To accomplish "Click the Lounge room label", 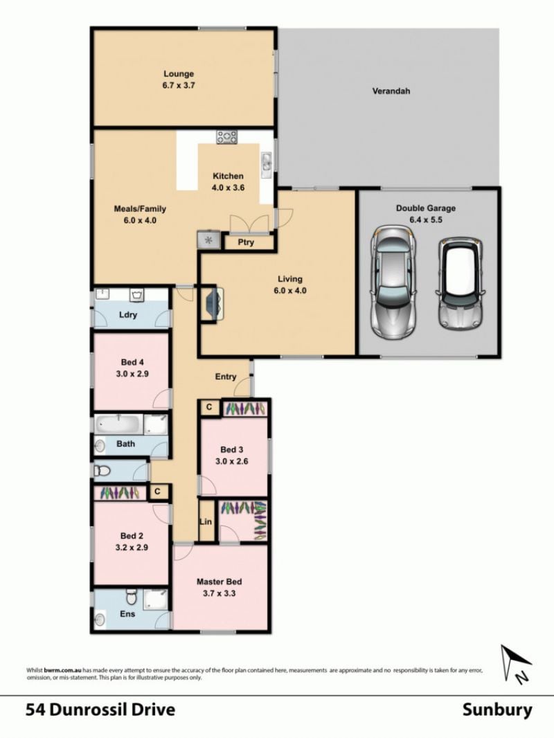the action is [x=179, y=74].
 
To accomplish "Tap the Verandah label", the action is [x=391, y=91].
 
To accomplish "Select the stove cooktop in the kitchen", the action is [x=227, y=137].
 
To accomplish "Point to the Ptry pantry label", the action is [x=246, y=242].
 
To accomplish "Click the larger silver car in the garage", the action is [x=394, y=282].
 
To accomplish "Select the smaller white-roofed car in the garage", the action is [x=461, y=283].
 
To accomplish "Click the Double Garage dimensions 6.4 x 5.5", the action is [x=426, y=219].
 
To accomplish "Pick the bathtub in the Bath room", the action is [x=118, y=424].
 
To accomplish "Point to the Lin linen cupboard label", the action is [x=206, y=521].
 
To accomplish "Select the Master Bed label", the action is [x=220, y=582].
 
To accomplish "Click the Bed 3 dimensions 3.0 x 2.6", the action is [x=231, y=461].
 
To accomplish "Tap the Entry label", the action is [x=226, y=377].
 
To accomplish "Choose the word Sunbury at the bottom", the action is [x=497, y=710].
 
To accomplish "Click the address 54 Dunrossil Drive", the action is [x=100, y=710].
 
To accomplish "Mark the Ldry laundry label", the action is [x=128, y=314].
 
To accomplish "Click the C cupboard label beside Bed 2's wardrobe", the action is [x=158, y=492].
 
